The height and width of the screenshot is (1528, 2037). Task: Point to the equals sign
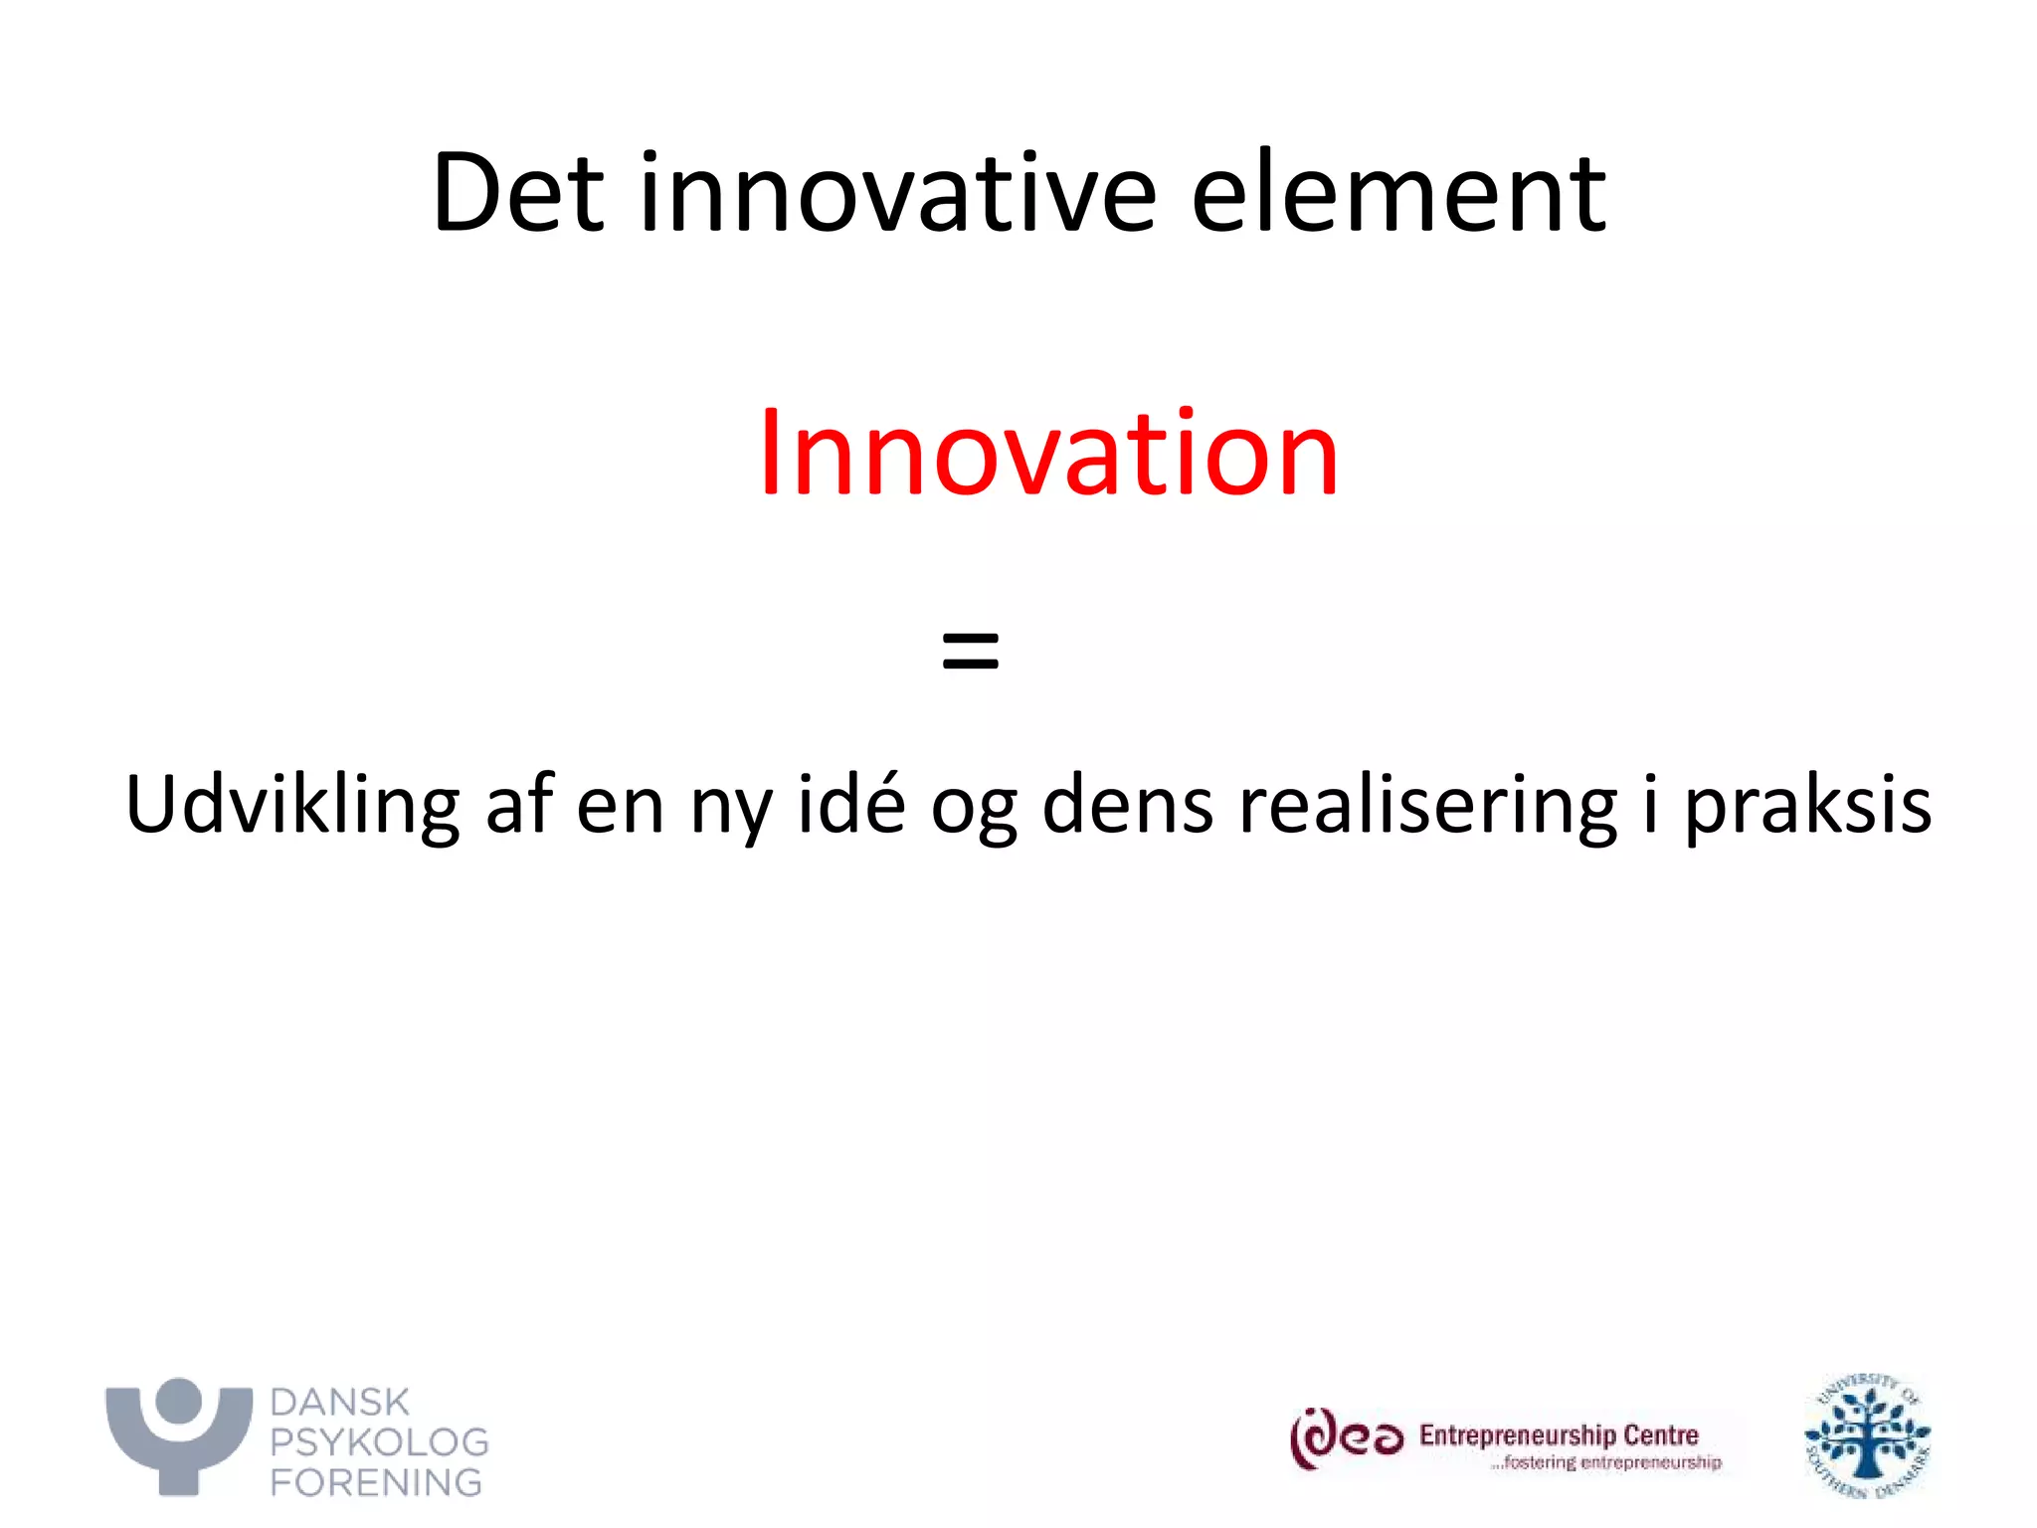(x=970, y=652)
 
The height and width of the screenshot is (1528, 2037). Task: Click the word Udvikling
(x=292, y=804)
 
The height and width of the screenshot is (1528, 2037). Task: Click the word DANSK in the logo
(x=339, y=1403)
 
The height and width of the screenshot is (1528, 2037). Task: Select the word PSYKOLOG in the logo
(x=379, y=1442)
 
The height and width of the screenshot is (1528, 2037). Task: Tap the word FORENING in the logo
(x=376, y=1482)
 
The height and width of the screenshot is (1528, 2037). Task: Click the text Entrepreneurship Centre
(x=1559, y=1434)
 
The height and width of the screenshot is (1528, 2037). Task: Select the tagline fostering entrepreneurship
(x=1605, y=1462)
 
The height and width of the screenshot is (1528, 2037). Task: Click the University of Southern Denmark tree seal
(x=1868, y=1436)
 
